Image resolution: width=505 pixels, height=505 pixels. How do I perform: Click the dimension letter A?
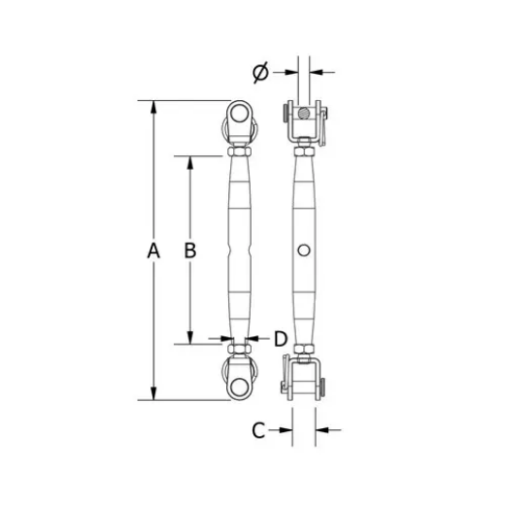pos(152,251)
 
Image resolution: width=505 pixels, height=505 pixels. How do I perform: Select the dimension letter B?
pos(190,250)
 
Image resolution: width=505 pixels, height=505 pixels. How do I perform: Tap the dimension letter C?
pos(257,427)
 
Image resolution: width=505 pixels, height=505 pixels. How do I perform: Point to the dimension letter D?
pos(280,338)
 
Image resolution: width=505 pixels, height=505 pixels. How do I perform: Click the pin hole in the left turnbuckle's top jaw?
pos(239,120)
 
